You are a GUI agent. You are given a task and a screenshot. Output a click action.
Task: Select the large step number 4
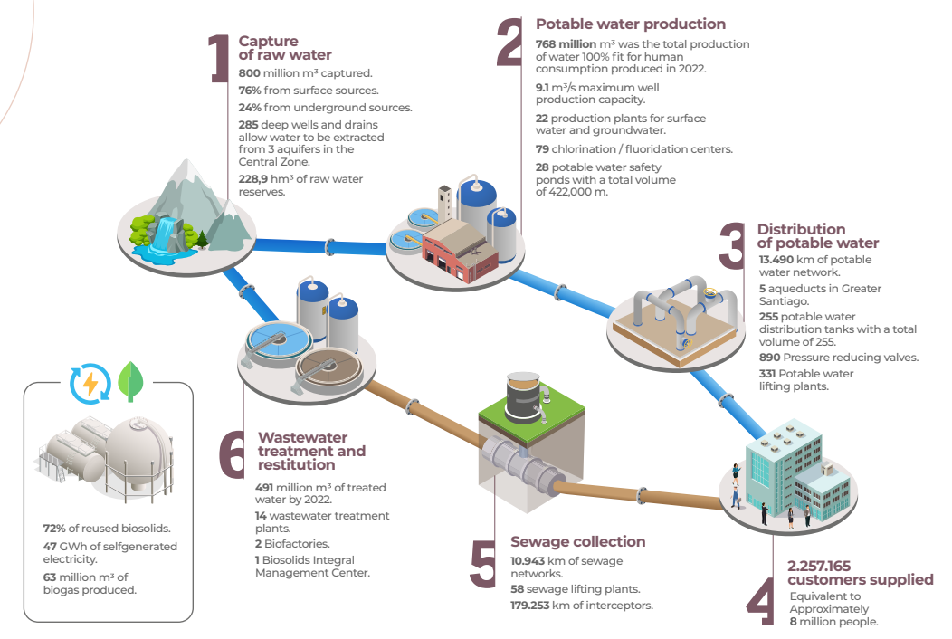coord(759,597)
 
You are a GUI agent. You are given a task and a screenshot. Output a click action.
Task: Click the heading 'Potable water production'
coord(631,24)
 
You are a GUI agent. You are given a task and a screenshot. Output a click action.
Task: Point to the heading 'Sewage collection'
coord(577,542)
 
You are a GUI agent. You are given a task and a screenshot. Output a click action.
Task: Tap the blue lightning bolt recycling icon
coord(90,383)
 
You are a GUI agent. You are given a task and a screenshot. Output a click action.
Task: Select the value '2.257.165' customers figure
coord(819,567)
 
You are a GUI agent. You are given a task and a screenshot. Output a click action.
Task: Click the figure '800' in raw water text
coord(250,73)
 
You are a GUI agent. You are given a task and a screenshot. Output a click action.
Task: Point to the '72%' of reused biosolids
coord(54,529)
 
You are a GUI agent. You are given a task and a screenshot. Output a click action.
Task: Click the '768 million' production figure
coord(566,44)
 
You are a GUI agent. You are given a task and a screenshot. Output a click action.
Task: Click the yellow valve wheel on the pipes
coord(711,292)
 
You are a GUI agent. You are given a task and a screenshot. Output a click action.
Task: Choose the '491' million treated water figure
coord(267,488)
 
